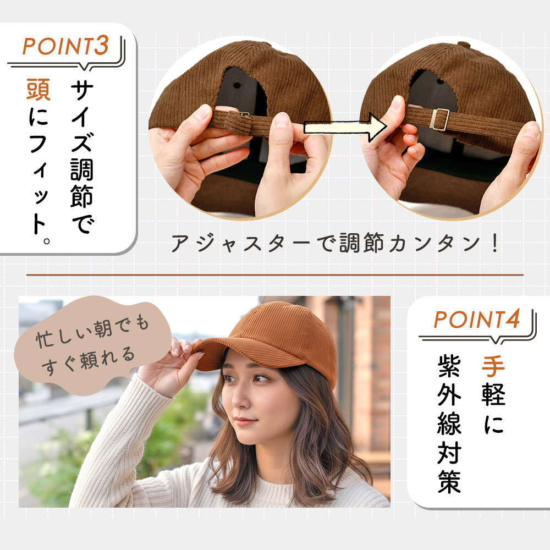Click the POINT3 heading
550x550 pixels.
coord(66,46)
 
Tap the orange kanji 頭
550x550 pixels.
coord(38,90)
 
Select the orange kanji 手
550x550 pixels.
coord(493,367)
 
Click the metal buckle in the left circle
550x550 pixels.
coord(244,114)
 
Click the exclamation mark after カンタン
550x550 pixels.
coord(495,243)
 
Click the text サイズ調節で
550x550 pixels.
coord(82,158)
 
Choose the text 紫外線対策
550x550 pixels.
coord(449,425)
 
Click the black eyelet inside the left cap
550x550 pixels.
coord(237,85)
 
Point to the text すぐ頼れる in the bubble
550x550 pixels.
coord(87,361)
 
